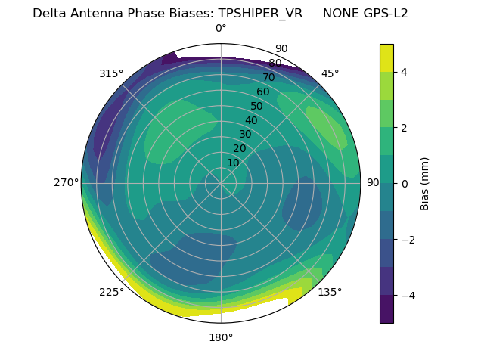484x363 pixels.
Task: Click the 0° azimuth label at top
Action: click(221, 29)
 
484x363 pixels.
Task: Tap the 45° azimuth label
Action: click(330, 73)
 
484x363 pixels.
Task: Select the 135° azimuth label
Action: click(330, 292)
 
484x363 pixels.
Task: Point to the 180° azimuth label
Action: click(221, 337)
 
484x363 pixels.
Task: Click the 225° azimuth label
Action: click(111, 292)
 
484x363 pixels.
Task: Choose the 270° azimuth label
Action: click(67, 182)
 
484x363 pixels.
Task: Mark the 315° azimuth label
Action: click(111, 73)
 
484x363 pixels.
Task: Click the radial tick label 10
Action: click(233, 163)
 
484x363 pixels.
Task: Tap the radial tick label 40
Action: click(251, 120)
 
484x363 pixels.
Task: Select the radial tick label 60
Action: click(263, 92)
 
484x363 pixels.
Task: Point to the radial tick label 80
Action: click(275, 64)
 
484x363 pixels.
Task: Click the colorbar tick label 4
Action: click(405, 72)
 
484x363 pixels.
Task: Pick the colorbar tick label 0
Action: click(405, 183)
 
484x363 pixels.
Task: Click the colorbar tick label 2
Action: click(405, 128)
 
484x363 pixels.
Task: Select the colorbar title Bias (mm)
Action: click(425, 183)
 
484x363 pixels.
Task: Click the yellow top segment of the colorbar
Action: click(386, 57)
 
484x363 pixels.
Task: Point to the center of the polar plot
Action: click(221, 183)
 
